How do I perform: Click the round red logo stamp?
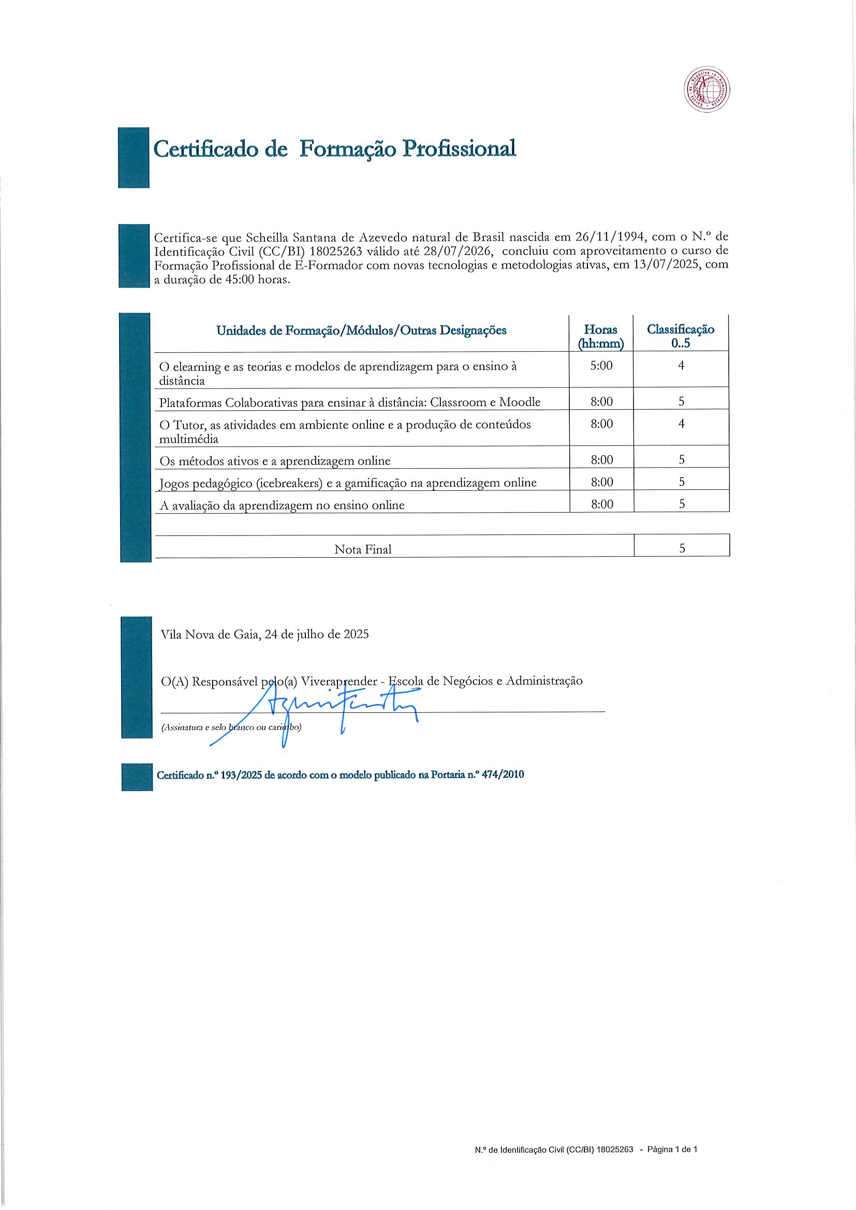[707, 89]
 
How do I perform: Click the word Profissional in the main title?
[459, 149]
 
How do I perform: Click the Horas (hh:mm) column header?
[601, 336]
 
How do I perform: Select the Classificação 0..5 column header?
[681, 336]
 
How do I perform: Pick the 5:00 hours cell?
[601, 366]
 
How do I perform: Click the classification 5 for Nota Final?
[682, 548]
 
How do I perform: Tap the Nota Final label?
[363, 550]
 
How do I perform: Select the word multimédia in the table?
[189, 439]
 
